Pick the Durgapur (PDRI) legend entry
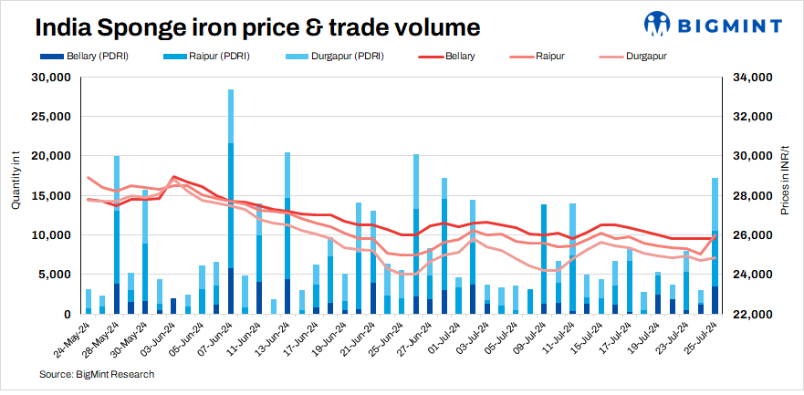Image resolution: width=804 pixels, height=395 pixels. coord(337,57)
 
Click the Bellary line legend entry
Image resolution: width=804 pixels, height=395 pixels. coord(451,57)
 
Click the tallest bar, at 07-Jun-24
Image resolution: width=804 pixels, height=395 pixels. coord(230,201)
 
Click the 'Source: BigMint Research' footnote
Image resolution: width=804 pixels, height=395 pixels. coord(97,374)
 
